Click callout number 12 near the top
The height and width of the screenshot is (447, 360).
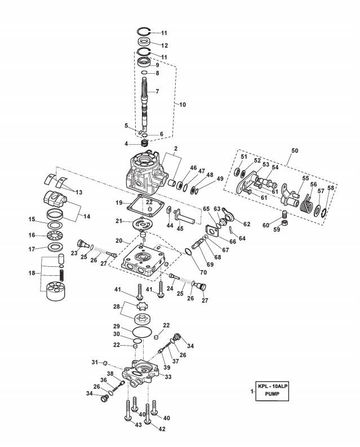(x=163, y=45)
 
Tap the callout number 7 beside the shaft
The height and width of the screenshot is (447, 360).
(x=157, y=91)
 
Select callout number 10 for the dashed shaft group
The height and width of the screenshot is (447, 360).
(x=182, y=105)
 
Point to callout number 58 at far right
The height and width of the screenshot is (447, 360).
(x=331, y=187)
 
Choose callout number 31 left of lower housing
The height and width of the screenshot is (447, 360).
(x=95, y=362)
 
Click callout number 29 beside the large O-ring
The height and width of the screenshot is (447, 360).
(x=115, y=327)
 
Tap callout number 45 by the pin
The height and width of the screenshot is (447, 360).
(x=180, y=228)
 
